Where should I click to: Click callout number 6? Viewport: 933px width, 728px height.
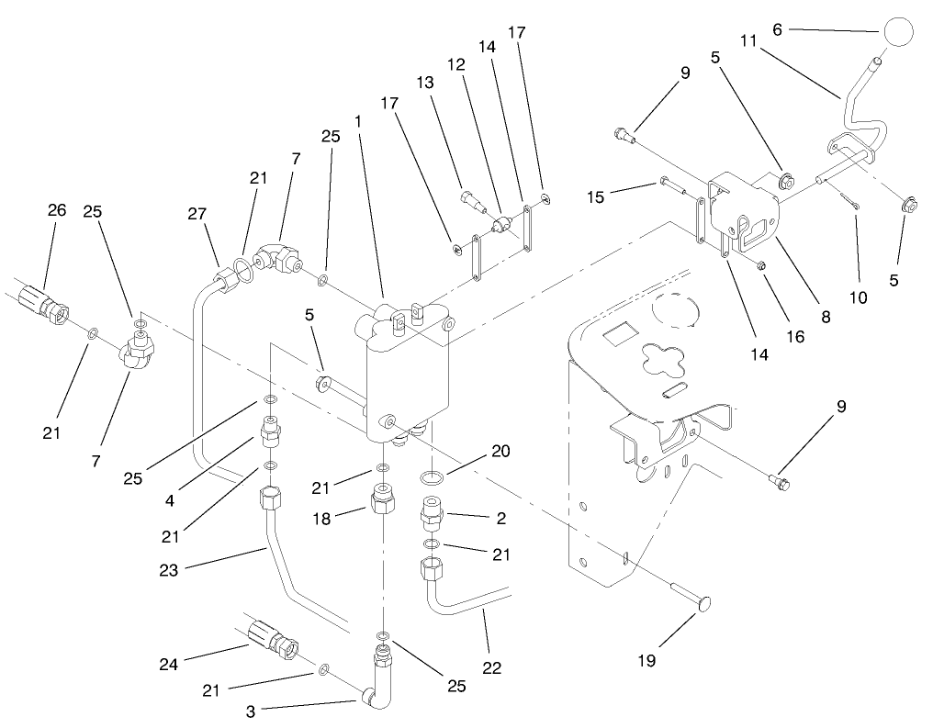(x=778, y=29)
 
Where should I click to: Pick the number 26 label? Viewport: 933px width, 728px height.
(x=57, y=210)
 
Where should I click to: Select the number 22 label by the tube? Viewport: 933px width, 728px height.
(x=491, y=667)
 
